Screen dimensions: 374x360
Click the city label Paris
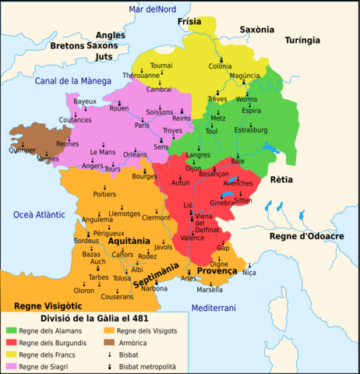(x=142, y=125)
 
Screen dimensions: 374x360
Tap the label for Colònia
(x=220, y=66)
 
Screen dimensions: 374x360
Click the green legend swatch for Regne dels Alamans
(x=10, y=331)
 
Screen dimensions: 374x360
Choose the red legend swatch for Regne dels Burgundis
(x=10, y=343)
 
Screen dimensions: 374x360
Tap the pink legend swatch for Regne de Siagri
(x=10, y=365)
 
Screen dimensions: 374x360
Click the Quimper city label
(x=21, y=151)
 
